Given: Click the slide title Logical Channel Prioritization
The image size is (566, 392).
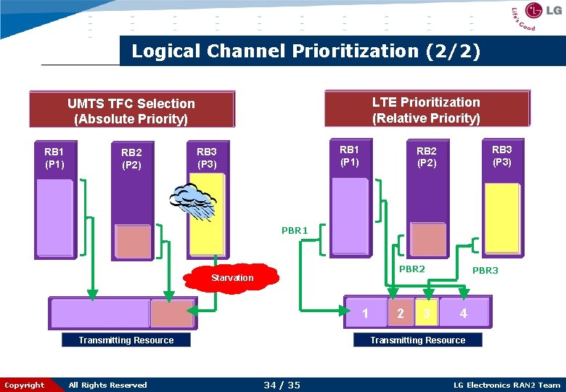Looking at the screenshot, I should tap(305, 52).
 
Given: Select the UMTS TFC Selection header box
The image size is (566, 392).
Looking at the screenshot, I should tap(131, 110).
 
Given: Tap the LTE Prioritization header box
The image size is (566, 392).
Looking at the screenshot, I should tap(426, 109).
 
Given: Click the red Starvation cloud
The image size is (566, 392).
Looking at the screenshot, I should tap(233, 277).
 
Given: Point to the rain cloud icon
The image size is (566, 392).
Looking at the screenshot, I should tap(192, 200).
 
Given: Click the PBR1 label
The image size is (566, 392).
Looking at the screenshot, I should tap(295, 231).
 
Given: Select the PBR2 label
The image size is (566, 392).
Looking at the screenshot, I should tap(411, 269).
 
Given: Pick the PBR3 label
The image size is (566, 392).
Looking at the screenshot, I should tap(485, 271).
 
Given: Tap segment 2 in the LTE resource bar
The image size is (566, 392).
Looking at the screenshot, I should tap(401, 314).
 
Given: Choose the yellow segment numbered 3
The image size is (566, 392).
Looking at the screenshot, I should tap(427, 314).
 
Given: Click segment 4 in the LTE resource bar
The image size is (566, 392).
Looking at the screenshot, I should tap(464, 314).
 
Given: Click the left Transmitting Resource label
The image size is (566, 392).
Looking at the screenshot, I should tap(126, 340).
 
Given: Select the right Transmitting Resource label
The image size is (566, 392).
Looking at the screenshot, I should tap(418, 340).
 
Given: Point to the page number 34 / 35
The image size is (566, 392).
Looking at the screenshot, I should tap(282, 385).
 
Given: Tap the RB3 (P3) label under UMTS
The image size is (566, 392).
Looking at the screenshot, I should tap(207, 158).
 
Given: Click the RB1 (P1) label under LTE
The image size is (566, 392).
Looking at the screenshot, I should tap(349, 155).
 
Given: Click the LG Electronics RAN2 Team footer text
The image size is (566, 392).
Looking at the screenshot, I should tap(506, 385).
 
